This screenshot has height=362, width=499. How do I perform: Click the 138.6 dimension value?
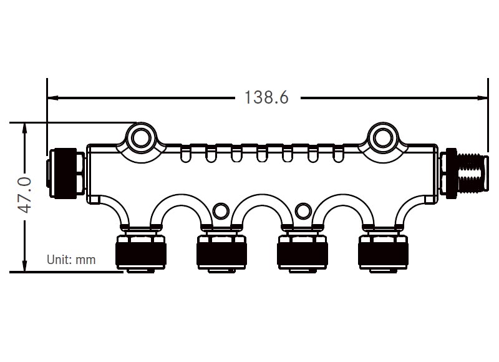click(x=266, y=98)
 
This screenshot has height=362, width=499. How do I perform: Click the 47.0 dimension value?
click(x=24, y=195)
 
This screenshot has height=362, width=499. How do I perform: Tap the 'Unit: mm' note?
click(x=72, y=260)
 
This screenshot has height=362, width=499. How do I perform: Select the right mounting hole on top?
click(x=382, y=137)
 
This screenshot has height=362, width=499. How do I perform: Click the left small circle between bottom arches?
click(x=220, y=211)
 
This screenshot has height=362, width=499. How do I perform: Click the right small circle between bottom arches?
click(x=303, y=211)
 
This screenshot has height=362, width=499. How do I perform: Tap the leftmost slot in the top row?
click(x=185, y=154)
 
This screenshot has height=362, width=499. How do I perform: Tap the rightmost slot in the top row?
click(x=339, y=154)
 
